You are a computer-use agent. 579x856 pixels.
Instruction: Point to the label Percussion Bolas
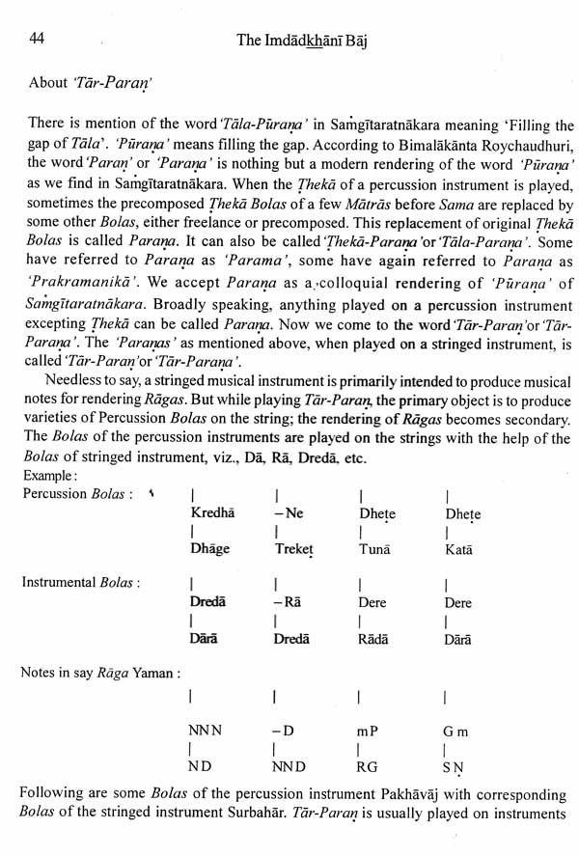coord(76,494)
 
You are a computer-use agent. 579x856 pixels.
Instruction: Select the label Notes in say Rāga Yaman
coord(100,672)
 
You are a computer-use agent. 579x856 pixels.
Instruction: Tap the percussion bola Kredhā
coord(213,513)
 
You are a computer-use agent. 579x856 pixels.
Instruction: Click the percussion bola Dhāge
coord(211,548)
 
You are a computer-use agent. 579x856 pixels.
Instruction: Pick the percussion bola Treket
coord(293,548)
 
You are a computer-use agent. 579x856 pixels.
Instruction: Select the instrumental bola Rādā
coord(374,638)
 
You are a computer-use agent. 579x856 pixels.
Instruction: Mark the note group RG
coord(368,767)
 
